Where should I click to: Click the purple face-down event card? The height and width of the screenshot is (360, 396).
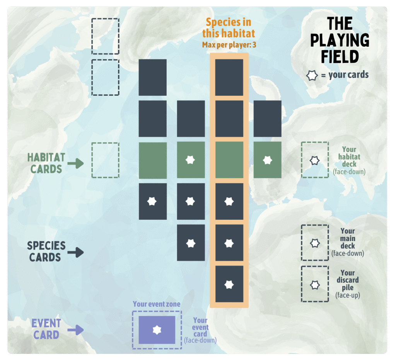point(157,330)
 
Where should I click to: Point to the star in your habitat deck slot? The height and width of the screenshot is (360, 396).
point(315,160)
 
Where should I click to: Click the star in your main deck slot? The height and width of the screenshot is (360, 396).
point(315,243)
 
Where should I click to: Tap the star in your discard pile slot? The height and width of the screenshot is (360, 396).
point(315,284)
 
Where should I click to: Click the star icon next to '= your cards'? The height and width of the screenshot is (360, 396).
point(312,75)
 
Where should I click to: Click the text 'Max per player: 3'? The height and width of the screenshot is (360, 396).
point(229,45)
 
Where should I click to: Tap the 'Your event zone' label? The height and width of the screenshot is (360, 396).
point(157,304)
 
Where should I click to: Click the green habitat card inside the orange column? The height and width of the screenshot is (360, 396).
point(229,160)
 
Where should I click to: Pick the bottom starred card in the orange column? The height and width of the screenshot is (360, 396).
point(229,284)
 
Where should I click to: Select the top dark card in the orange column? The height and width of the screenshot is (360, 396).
point(229,77)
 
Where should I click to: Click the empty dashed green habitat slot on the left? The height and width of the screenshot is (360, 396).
point(105,160)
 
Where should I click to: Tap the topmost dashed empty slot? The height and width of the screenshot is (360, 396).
point(105,36)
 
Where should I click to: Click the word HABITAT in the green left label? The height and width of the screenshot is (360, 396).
point(46,158)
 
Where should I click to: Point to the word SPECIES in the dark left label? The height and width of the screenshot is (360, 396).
point(46,246)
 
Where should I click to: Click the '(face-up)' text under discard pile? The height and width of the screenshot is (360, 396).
point(348,295)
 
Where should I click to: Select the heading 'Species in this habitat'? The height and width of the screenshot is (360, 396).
point(229,28)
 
